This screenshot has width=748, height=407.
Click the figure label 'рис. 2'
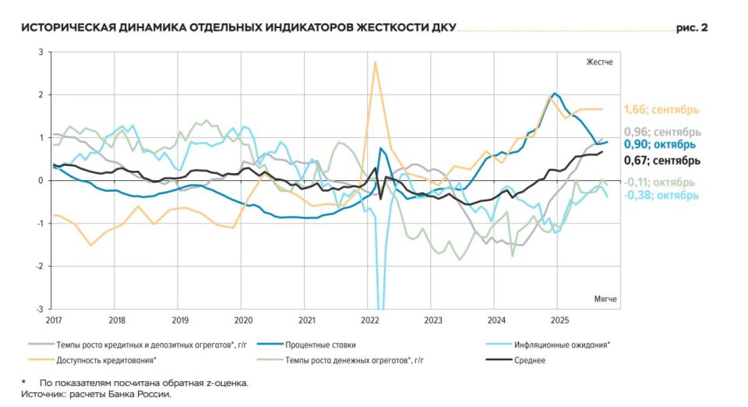tap(691, 28)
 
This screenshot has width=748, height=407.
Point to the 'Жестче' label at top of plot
tap(600, 61)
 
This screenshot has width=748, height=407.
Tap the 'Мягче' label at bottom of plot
tap(602, 299)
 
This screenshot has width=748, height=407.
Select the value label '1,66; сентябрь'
tap(662, 109)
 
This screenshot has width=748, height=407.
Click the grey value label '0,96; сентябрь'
tap(662, 132)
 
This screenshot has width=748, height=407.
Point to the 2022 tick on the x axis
tap(370, 320)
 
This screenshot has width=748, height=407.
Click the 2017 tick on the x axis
tap(53, 320)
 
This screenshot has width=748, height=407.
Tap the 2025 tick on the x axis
tap(559, 320)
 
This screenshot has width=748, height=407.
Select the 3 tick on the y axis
tap(41, 51)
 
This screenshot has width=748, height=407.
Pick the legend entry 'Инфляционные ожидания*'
tap(560, 344)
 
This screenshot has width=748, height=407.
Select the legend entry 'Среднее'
tap(529, 360)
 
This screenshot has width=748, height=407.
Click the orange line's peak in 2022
tap(376, 62)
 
